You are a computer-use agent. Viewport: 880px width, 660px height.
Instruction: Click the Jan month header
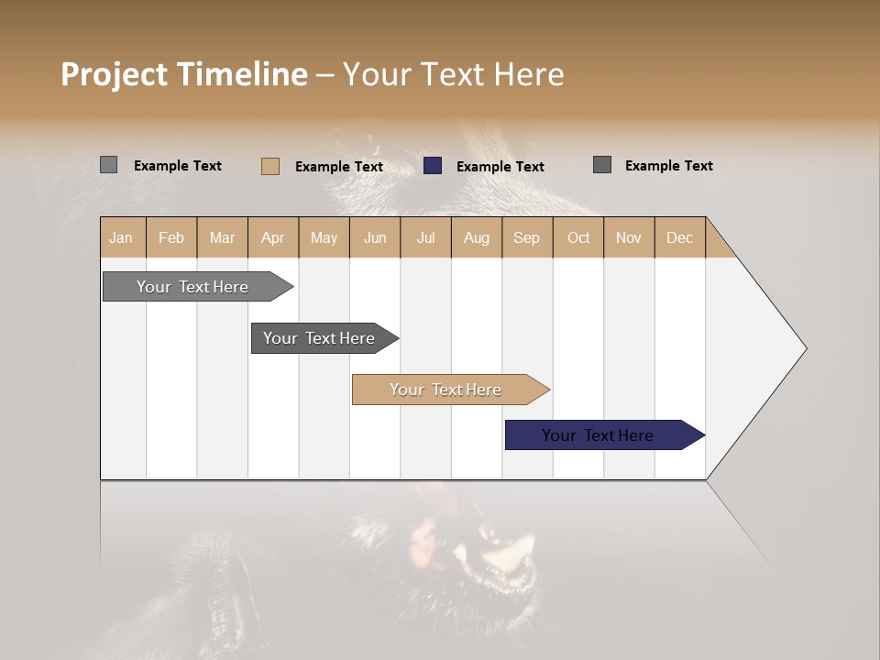click(122, 237)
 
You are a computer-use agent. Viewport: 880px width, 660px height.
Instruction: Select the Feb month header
click(171, 237)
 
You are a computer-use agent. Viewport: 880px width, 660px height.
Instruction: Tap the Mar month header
click(222, 237)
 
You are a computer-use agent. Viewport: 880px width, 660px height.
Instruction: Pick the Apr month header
click(273, 237)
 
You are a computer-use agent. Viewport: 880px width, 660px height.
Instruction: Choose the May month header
click(324, 237)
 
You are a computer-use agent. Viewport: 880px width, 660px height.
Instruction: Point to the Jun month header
click(375, 237)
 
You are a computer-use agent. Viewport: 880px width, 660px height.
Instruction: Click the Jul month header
click(425, 237)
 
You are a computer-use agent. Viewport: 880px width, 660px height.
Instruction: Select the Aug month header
click(477, 237)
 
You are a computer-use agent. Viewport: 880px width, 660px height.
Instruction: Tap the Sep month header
click(527, 237)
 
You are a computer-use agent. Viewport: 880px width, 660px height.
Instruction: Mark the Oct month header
click(578, 237)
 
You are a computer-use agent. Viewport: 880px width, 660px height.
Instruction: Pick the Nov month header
click(629, 237)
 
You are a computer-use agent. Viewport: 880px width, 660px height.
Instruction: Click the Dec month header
click(680, 237)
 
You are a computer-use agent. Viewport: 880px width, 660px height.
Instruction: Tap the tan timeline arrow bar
click(446, 390)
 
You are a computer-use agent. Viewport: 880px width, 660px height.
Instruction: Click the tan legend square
click(269, 166)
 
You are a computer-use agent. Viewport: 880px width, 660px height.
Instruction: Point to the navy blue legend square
click(433, 166)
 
